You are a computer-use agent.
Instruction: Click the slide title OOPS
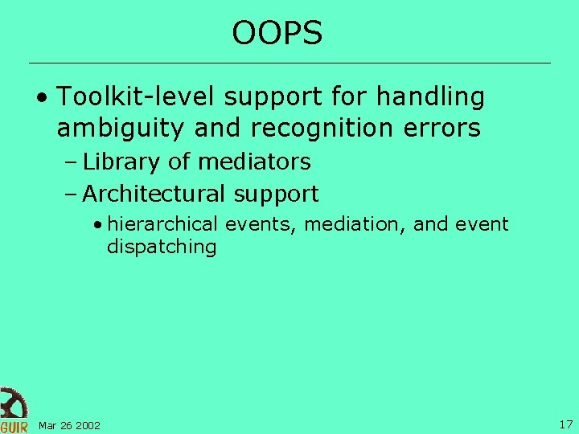[277, 33]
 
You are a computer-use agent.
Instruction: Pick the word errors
[445, 128]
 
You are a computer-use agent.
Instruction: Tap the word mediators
[254, 162]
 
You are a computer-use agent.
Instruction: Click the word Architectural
[155, 194]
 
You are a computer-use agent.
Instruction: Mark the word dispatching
[162, 247]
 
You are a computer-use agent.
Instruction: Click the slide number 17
[565, 424]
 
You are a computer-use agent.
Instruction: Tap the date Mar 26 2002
[69, 425]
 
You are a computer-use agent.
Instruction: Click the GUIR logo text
[14, 426]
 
